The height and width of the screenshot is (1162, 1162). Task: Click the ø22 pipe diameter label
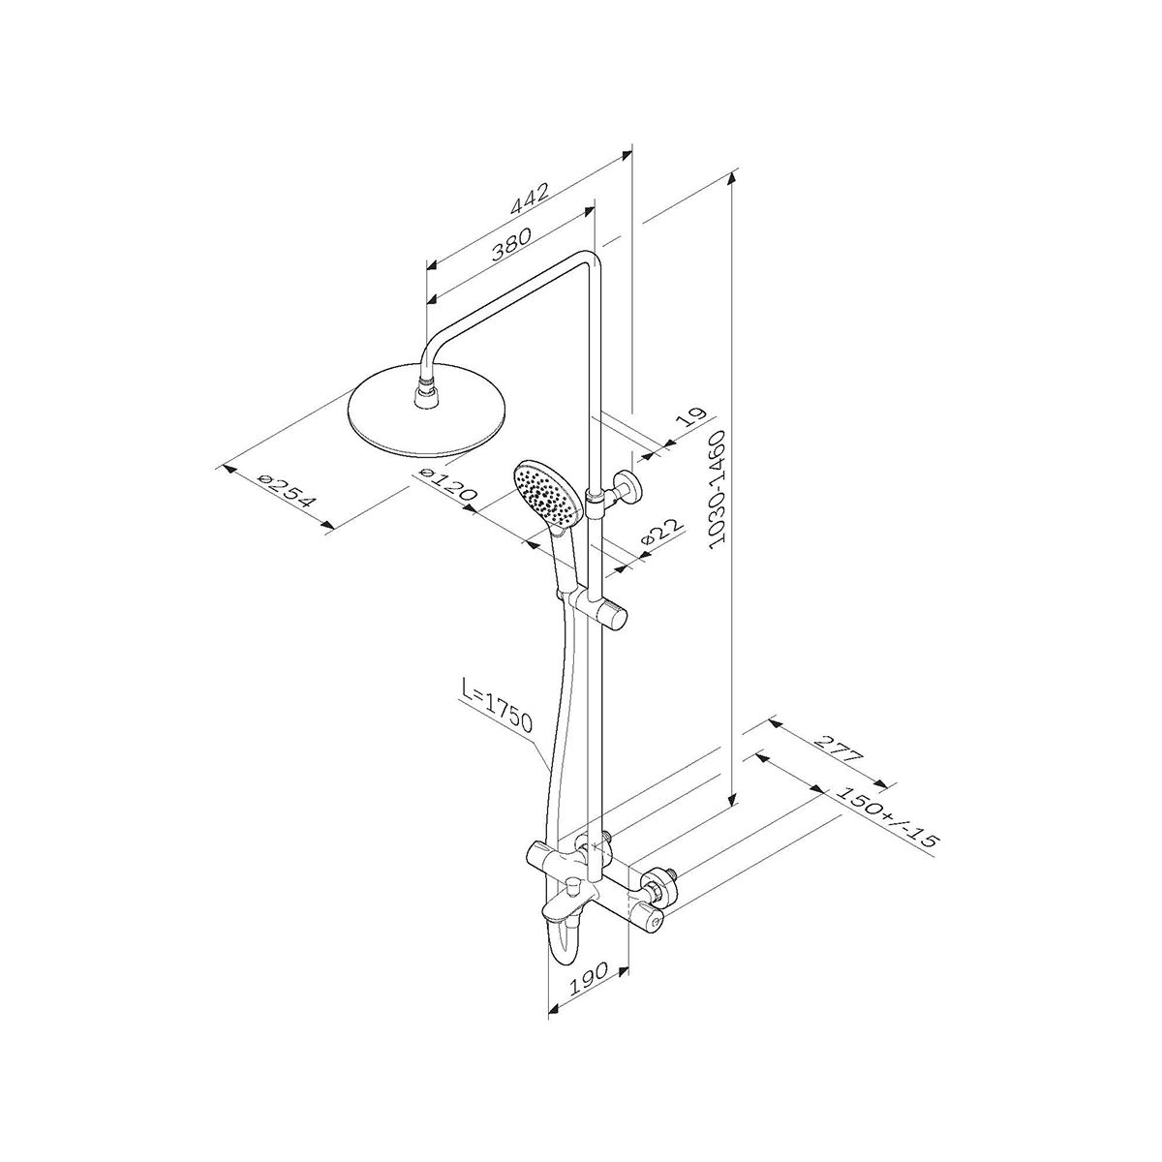(662, 531)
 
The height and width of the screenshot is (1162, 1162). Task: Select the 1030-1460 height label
(722, 489)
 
